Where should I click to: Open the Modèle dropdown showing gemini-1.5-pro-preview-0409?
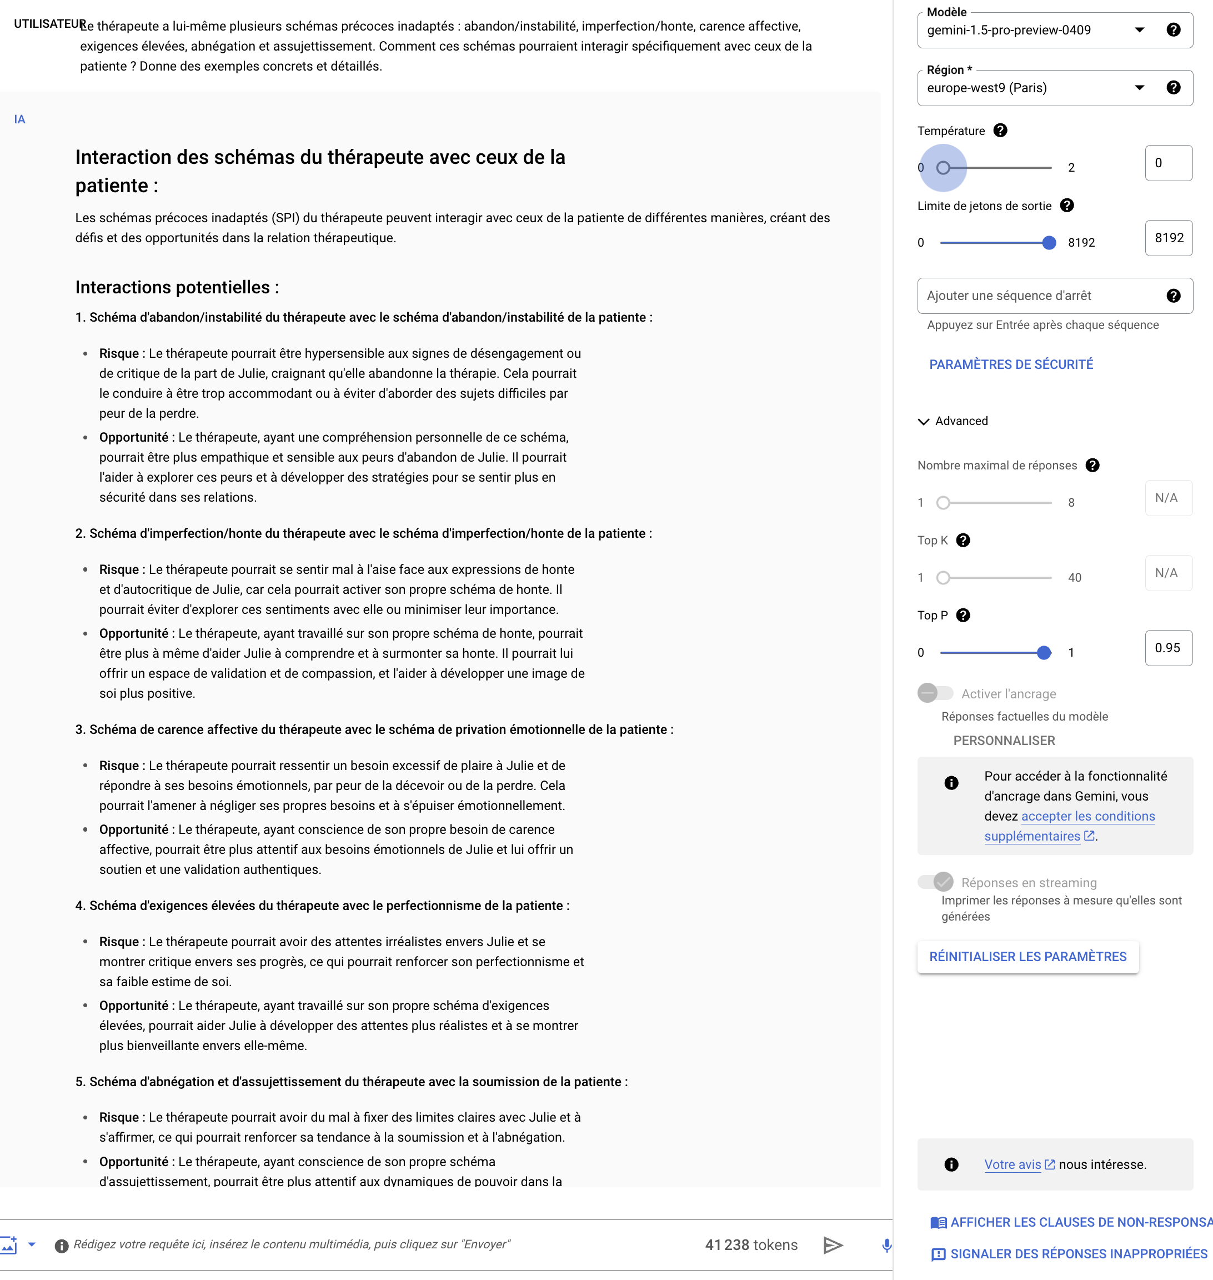point(1035,31)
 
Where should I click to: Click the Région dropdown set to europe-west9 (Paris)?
point(1035,88)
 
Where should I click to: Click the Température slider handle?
point(944,168)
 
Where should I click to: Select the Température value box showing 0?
point(1168,163)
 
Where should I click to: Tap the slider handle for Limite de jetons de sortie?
point(1049,243)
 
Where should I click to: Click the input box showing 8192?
point(1168,238)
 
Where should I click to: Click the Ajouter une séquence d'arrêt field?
point(1041,296)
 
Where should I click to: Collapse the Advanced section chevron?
point(923,422)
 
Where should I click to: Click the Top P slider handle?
point(1044,653)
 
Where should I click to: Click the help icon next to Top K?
point(963,541)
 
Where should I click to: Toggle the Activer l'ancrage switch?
point(935,693)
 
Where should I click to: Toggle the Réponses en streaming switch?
point(935,882)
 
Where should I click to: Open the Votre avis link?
point(1012,1165)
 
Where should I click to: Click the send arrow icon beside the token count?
point(833,1245)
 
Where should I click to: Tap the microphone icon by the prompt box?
point(886,1245)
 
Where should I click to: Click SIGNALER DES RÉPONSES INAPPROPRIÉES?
point(1078,1254)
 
